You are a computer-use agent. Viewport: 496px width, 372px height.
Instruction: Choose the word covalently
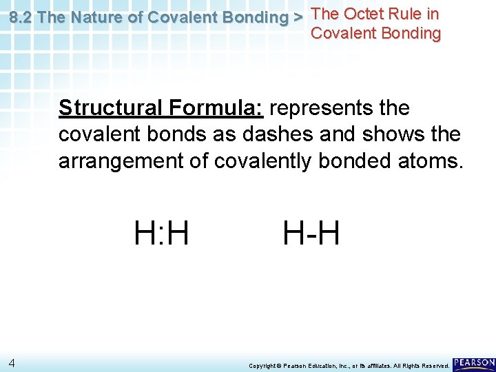(263, 161)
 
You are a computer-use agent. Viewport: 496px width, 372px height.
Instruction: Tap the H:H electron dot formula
(162, 232)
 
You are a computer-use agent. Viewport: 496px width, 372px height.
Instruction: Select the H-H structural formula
(311, 232)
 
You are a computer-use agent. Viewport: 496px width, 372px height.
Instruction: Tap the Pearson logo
(474, 363)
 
